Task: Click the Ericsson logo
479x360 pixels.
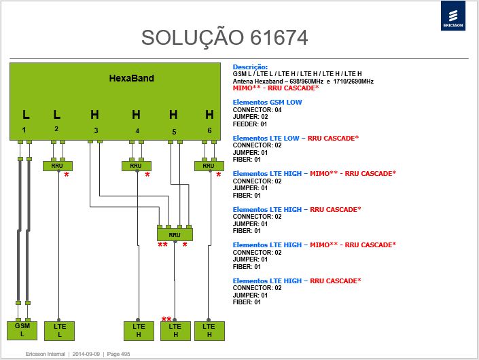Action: [x=453, y=16]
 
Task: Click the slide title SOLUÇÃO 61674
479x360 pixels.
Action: [x=224, y=37]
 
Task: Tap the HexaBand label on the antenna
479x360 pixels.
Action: [x=131, y=78]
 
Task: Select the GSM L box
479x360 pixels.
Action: [x=22, y=330]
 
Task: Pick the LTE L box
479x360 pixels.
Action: [x=59, y=331]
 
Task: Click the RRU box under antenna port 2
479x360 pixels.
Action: [x=58, y=166]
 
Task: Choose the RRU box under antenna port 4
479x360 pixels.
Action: [x=137, y=166]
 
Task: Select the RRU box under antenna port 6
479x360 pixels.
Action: [x=209, y=166]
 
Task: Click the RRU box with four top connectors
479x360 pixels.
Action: [x=175, y=234]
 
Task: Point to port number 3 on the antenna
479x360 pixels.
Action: [x=96, y=130]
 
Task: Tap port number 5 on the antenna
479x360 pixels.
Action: [x=174, y=132]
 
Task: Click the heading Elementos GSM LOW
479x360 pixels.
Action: [x=267, y=103]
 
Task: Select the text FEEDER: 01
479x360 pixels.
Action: [x=250, y=124]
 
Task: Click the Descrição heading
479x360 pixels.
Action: [x=250, y=67]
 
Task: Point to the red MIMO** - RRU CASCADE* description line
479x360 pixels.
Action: [x=276, y=88]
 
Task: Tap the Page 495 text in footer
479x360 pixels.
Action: [x=118, y=354]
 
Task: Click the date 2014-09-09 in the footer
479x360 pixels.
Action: [x=86, y=354]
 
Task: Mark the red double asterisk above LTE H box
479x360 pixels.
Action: [x=166, y=319]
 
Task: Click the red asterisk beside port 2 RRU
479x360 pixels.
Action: [x=67, y=175]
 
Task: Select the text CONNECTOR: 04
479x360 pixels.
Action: [x=257, y=109]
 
